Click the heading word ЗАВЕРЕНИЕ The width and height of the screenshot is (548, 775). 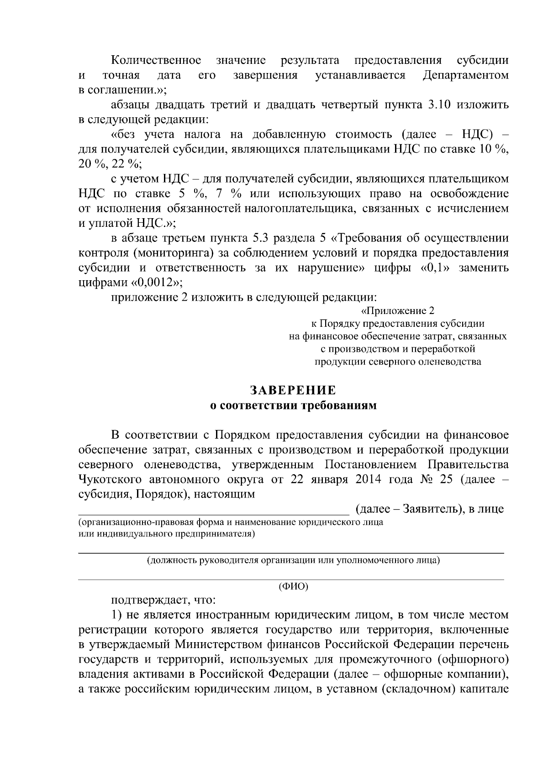tap(293, 390)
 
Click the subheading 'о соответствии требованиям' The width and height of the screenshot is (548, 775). tap(293, 405)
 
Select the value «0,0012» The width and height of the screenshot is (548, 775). tap(157, 283)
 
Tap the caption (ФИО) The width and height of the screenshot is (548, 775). tap(293, 586)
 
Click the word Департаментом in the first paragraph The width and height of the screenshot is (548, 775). tap(466, 75)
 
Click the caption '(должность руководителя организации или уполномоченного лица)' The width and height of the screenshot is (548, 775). tap(293, 560)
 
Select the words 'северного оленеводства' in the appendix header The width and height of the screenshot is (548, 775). tap(424, 362)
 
